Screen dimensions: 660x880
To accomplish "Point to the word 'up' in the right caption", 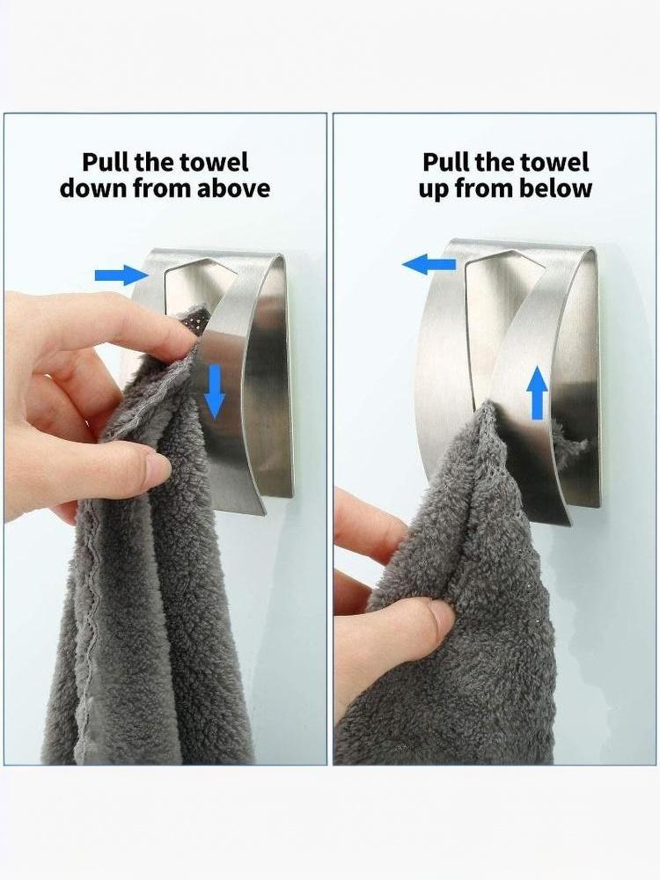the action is [434, 191].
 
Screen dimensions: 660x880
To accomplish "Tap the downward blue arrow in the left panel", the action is [214, 392].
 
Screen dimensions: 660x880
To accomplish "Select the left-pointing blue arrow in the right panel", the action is [429, 264].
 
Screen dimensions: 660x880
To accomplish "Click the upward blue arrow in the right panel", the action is [537, 392].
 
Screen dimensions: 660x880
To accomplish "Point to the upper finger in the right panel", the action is [370, 524].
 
